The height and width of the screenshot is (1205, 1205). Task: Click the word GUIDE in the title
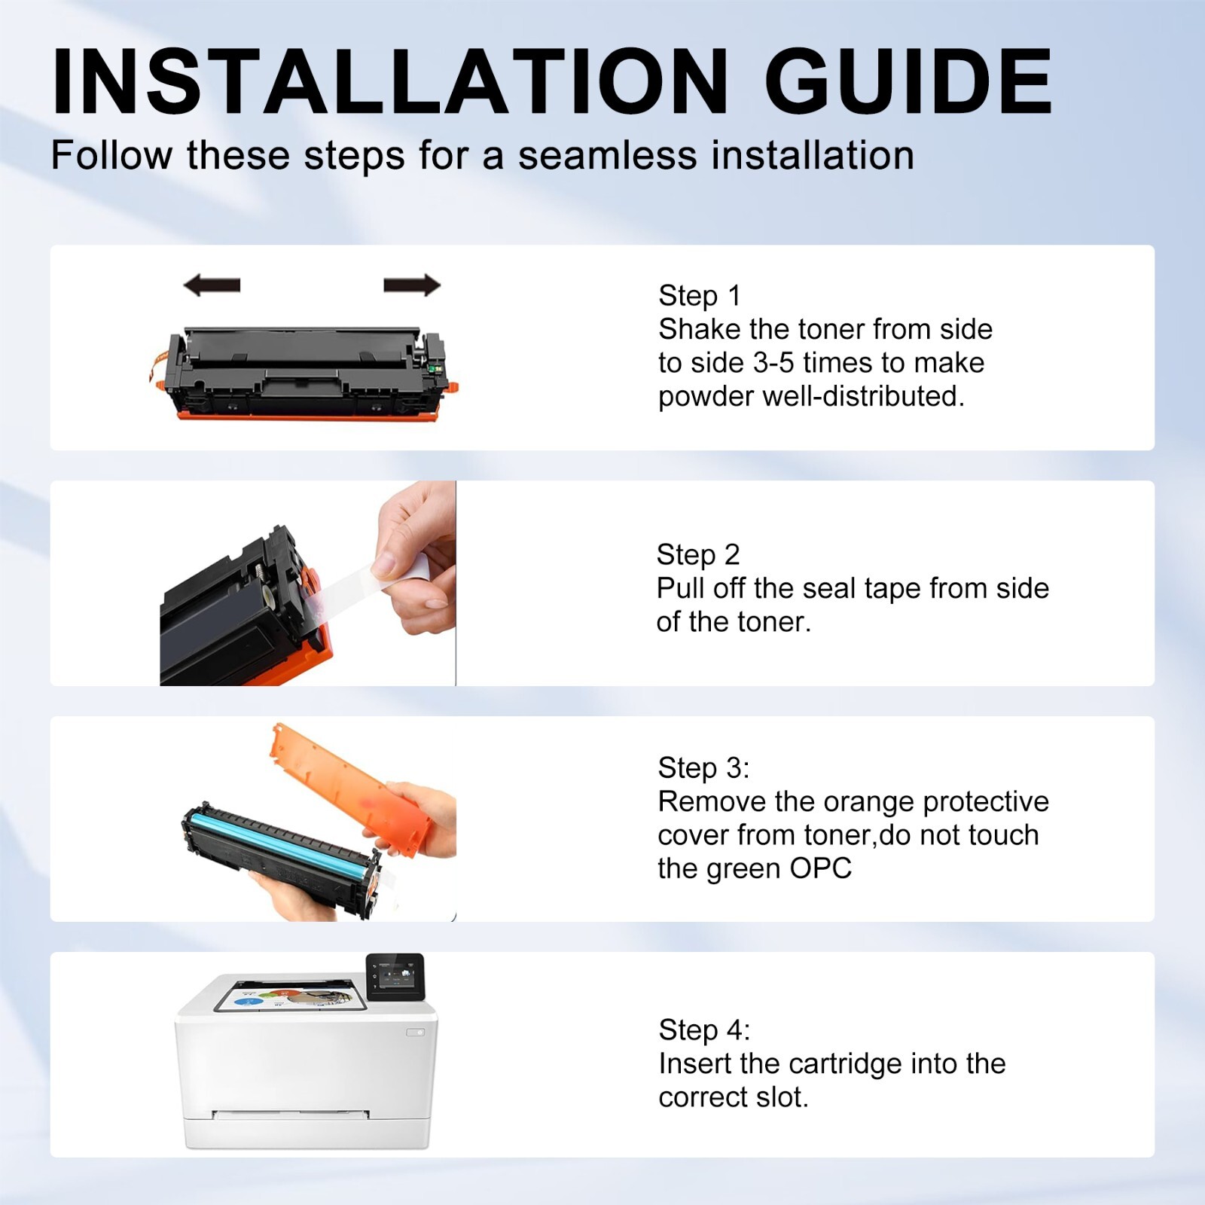(x=908, y=81)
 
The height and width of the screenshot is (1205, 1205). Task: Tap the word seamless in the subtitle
(x=608, y=155)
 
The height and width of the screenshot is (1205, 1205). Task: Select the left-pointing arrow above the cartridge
(x=212, y=285)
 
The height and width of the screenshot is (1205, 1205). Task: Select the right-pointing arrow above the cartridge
(x=412, y=285)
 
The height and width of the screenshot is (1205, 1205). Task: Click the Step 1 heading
(x=700, y=295)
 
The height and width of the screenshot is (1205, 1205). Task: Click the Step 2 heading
(x=698, y=554)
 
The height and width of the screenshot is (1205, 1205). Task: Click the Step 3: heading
(x=703, y=767)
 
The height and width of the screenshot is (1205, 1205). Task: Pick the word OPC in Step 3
(x=820, y=868)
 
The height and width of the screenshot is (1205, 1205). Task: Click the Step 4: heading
(x=704, y=1030)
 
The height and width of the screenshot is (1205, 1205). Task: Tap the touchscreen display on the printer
(x=395, y=978)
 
